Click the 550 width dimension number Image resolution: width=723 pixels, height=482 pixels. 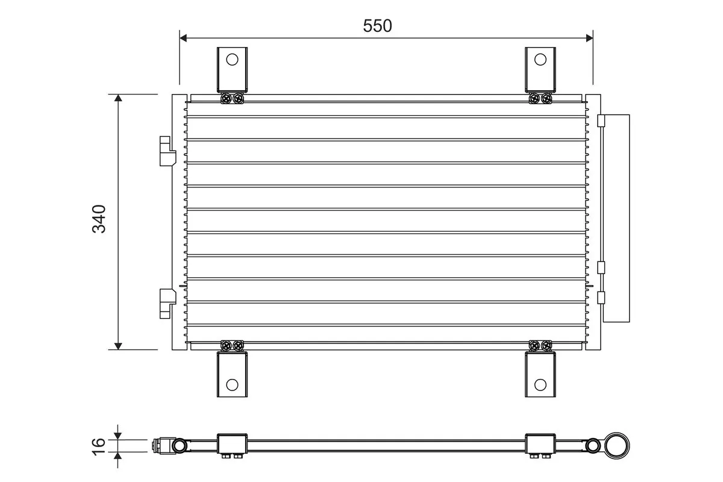(x=378, y=25)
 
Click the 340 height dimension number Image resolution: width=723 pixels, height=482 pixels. (x=99, y=219)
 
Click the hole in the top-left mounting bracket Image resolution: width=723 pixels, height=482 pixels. (x=232, y=59)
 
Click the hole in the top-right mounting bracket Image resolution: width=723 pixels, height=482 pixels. (x=540, y=59)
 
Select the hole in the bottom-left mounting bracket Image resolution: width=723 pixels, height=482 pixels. (x=232, y=384)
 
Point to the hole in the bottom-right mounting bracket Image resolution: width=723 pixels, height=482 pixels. (x=540, y=384)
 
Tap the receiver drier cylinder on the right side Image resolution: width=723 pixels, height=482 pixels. (x=616, y=218)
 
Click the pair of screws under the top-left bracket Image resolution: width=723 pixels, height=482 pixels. (x=232, y=98)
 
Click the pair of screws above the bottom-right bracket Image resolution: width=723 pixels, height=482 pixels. (x=540, y=345)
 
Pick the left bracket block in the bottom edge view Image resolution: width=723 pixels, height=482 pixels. (x=232, y=444)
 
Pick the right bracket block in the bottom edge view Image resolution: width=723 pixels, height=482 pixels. (x=540, y=444)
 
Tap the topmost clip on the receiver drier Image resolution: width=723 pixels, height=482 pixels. (x=600, y=121)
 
